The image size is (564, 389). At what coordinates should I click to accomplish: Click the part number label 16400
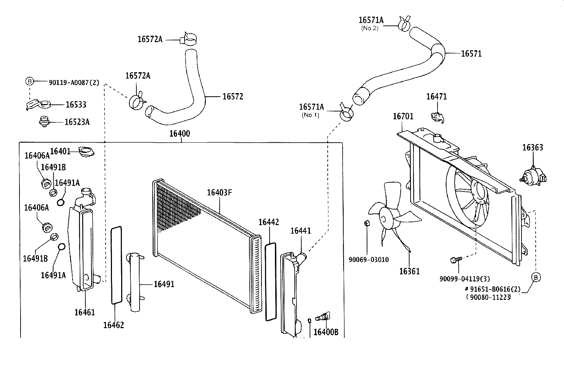pos(180,133)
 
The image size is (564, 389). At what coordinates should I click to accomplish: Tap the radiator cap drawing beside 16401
pos(86,151)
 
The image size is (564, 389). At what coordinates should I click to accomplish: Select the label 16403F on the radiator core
pos(219,193)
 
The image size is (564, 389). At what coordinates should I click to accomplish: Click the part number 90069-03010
pos(368,260)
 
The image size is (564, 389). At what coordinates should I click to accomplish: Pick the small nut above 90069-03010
pos(367,223)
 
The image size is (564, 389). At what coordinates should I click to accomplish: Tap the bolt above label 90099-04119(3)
pos(456,260)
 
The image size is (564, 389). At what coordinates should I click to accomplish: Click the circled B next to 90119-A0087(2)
pos(30,81)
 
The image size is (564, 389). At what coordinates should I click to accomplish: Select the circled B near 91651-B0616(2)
pos(536,277)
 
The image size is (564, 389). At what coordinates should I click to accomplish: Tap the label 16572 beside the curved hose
pos(233,96)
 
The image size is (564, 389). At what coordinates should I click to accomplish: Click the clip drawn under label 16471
pos(438,118)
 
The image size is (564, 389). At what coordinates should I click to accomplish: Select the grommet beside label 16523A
pos(44,121)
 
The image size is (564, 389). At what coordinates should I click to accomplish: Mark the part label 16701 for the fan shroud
pos(403,116)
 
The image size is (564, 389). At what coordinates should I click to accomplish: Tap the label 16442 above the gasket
pos(269,222)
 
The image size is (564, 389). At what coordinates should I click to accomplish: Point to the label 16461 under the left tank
pos(85,312)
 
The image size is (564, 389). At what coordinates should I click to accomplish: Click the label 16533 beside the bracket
pos(76,104)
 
